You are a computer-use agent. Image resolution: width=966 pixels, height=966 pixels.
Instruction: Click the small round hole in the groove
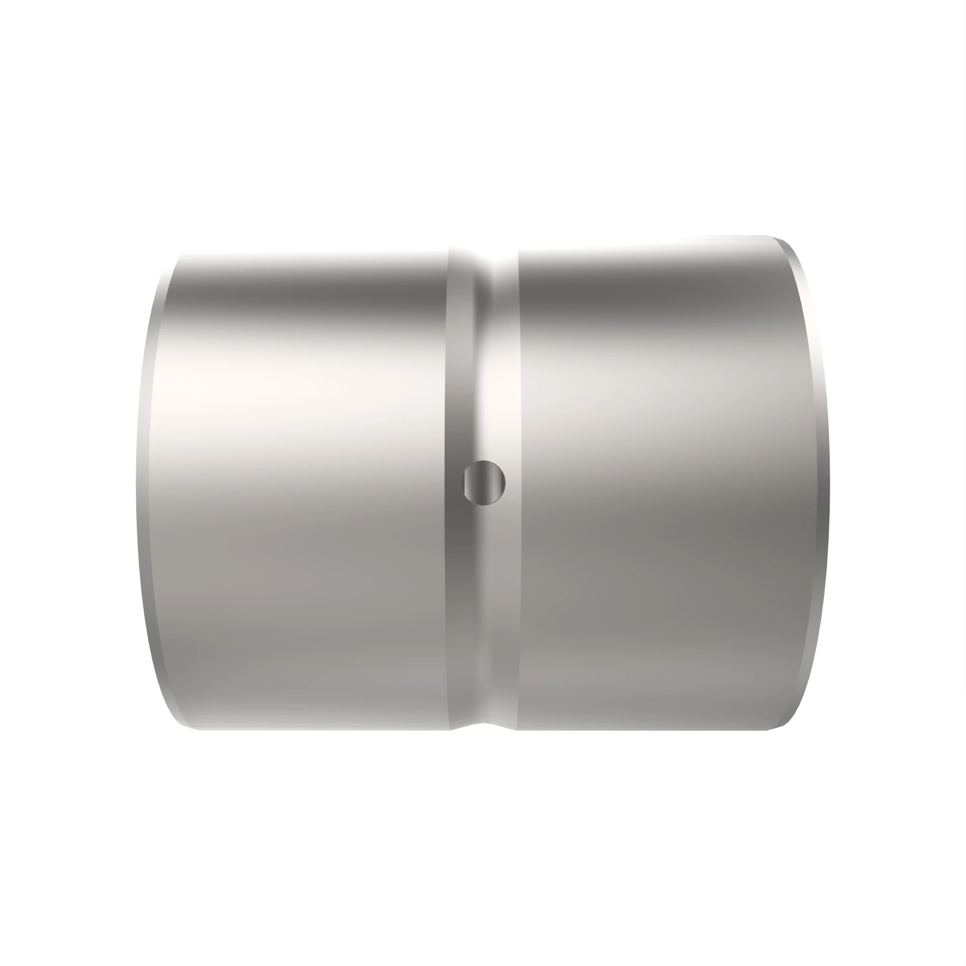(483, 483)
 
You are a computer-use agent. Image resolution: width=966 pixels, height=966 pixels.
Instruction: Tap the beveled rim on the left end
(145, 490)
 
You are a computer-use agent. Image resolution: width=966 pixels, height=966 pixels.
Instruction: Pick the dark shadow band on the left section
(300, 295)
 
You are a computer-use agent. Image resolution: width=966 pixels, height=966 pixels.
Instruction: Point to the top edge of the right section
(650, 242)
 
